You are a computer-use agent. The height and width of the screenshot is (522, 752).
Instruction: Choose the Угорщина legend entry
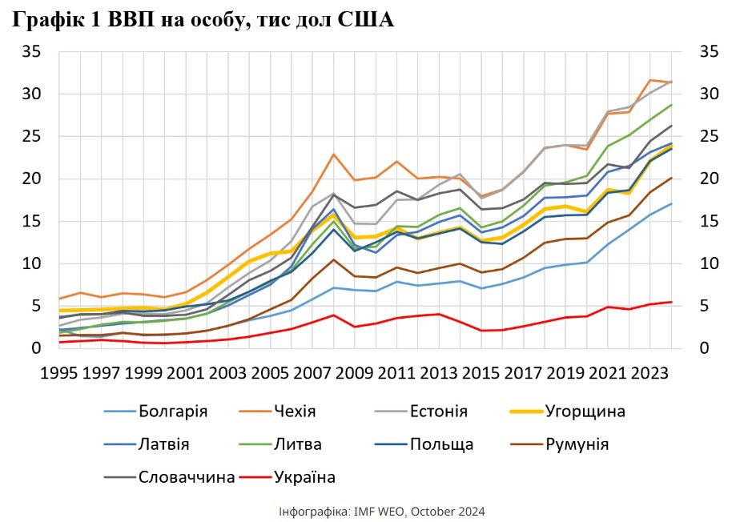[585, 412]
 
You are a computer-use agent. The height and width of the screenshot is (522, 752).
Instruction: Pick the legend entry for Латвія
[163, 444]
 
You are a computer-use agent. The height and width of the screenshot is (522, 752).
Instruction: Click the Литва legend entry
[296, 444]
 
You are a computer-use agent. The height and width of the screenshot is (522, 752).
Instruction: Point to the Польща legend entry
[441, 444]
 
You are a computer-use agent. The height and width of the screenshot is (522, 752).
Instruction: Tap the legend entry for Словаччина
[187, 477]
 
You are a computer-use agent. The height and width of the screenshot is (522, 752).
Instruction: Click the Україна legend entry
[304, 477]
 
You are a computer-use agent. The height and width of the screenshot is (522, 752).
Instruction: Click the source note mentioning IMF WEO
[382, 511]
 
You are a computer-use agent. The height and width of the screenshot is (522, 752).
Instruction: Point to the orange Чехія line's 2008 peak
[334, 155]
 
